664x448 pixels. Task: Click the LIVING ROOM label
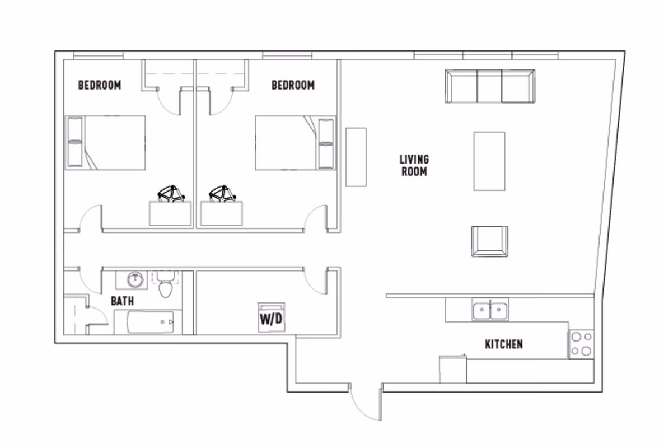414,165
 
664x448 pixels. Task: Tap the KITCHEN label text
503,344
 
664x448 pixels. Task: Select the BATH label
122,301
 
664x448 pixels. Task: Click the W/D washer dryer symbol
271,318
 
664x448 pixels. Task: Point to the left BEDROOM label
99,85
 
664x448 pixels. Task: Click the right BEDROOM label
293,85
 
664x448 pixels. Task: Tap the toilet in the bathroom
165,286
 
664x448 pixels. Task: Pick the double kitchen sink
490,309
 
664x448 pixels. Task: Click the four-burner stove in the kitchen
581,344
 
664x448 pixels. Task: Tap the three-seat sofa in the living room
490,86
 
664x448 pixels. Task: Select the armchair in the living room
489,241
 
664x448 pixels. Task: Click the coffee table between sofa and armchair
489,161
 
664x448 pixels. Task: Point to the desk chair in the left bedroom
171,194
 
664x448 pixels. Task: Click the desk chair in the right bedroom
222,194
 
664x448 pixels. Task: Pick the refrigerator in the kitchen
453,369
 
